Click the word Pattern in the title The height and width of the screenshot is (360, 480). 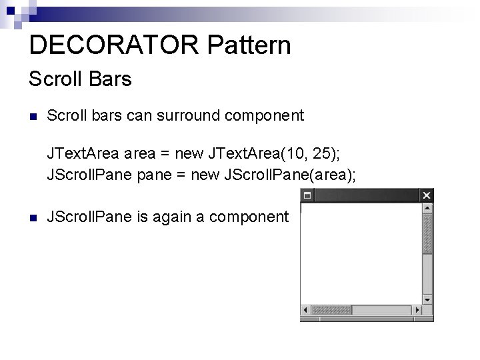pyautogui.click(x=249, y=45)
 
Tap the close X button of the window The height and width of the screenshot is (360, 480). pyautogui.click(x=427, y=195)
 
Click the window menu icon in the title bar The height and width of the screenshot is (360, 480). pyautogui.click(x=307, y=195)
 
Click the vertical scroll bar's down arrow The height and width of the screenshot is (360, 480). pyautogui.click(x=427, y=299)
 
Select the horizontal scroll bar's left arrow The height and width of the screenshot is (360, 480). pyautogui.click(x=306, y=310)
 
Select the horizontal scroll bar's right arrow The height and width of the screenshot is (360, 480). pyautogui.click(x=417, y=310)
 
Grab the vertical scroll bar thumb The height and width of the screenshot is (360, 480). pyautogui.click(x=427, y=233)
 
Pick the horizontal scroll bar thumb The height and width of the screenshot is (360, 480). pyautogui.click(x=331, y=310)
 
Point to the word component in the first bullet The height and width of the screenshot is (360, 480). pyautogui.click(x=265, y=115)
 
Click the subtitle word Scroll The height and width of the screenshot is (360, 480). pyautogui.click(x=53, y=79)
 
